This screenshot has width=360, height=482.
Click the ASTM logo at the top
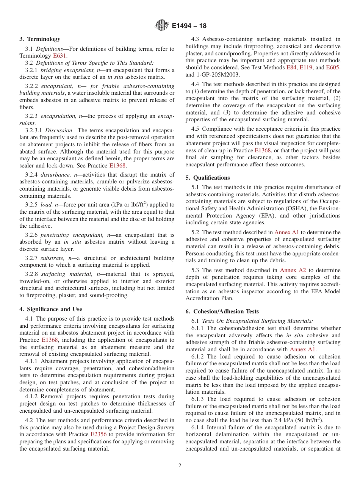(162, 26)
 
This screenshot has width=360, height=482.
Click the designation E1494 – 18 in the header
(189, 26)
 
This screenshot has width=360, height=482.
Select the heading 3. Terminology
(40, 39)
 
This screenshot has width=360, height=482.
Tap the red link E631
(59, 56)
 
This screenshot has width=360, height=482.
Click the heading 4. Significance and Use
(50, 309)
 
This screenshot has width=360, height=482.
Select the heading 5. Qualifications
(208, 178)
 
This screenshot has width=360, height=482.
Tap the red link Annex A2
(293, 270)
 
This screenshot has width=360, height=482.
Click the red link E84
(291, 67)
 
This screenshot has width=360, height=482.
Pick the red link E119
(305, 67)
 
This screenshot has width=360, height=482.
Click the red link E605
(334, 67)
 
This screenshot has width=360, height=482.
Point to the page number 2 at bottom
(180, 466)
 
